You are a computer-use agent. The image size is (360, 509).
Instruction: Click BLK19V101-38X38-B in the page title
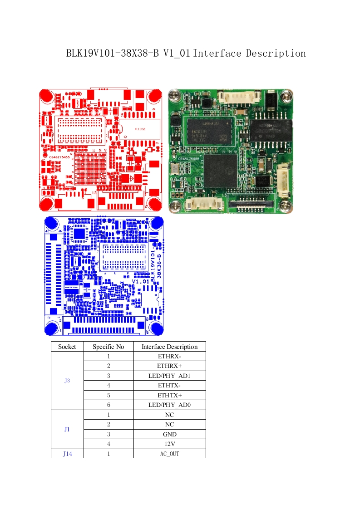click(x=113, y=54)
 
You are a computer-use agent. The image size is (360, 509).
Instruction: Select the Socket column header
click(x=67, y=347)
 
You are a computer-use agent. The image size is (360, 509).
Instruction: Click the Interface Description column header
click(x=169, y=347)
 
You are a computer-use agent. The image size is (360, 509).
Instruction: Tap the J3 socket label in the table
click(x=67, y=381)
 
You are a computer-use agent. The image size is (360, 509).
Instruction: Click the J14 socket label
click(x=67, y=453)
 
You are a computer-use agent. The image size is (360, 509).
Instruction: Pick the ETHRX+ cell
click(x=169, y=366)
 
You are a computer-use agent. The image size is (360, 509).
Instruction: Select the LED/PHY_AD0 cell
click(x=169, y=405)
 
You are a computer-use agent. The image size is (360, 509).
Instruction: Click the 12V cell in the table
click(x=169, y=444)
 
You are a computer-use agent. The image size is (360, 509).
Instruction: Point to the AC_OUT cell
click(x=169, y=453)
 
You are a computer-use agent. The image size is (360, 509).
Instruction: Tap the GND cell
click(x=169, y=434)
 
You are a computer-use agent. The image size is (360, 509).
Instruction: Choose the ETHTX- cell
click(x=169, y=385)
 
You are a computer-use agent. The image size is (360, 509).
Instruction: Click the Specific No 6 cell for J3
click(x=108, y=405)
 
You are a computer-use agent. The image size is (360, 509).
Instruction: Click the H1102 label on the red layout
click(x=140, y=129)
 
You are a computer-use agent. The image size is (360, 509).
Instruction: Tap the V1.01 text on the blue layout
click(x=140, y=281)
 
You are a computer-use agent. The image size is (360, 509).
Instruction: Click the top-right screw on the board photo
click(x=286, y=96)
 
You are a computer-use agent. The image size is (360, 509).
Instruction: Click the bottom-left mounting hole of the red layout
click(x=46, y=204)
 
